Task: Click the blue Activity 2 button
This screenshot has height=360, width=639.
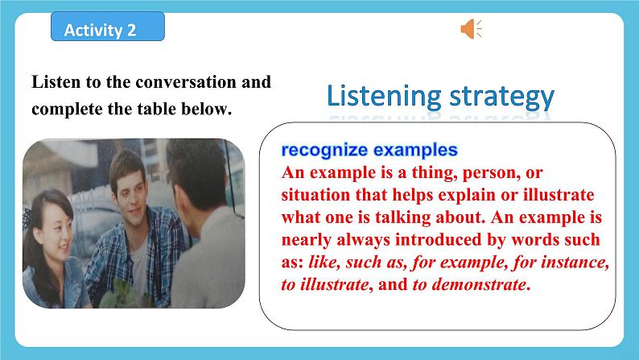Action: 107,30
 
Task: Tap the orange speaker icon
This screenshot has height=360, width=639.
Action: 471,30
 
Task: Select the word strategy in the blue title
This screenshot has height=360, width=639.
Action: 499,97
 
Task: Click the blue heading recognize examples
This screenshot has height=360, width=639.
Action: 369,150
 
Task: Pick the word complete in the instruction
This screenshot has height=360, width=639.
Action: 64,109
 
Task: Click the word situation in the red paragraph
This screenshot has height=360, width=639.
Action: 316,196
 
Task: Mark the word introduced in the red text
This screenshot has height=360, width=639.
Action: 418,241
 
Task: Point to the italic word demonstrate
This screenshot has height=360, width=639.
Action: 480,286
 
